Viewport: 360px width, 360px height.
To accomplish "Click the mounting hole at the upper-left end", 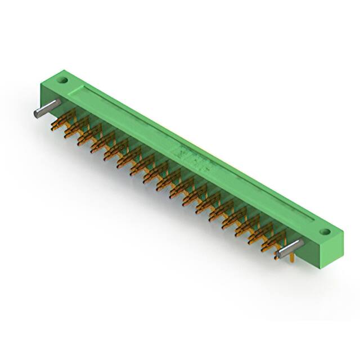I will coord(64,80).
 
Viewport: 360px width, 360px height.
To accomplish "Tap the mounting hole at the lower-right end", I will coord(324,231).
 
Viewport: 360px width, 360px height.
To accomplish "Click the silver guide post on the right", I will coord(290,247).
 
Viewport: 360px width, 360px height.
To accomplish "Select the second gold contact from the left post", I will coord(73,129).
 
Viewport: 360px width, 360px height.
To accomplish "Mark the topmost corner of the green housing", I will coord(63,70).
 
